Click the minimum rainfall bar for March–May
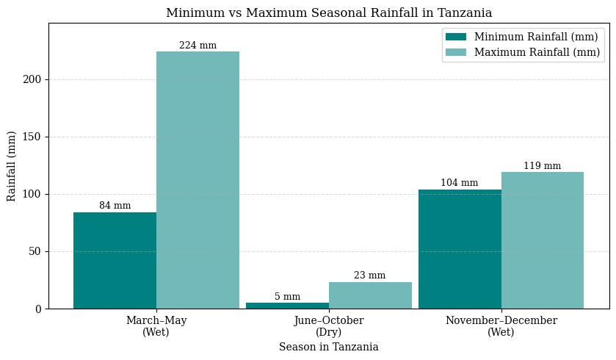[x=115, y=260]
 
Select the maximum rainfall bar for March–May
[x=198, y=180]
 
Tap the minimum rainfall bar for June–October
[x=287, y=306]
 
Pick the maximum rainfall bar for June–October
[x=370, y=295]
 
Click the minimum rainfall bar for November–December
[x=460, y=249]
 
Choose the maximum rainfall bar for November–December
[x=543, y=240]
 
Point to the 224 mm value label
[x=198, y=46]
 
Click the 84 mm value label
[x=115, y=206]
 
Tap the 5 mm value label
[x=287, y=297]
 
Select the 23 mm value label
[x=370, y=276]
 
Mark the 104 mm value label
[x=460, y=183]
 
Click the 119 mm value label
[x=543, y=166]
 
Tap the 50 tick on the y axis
[x=37, y=251]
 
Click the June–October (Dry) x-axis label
[x=328, y=326]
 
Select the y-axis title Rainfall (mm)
[x=12, y=166]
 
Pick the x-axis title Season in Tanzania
[x=328, y=347]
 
